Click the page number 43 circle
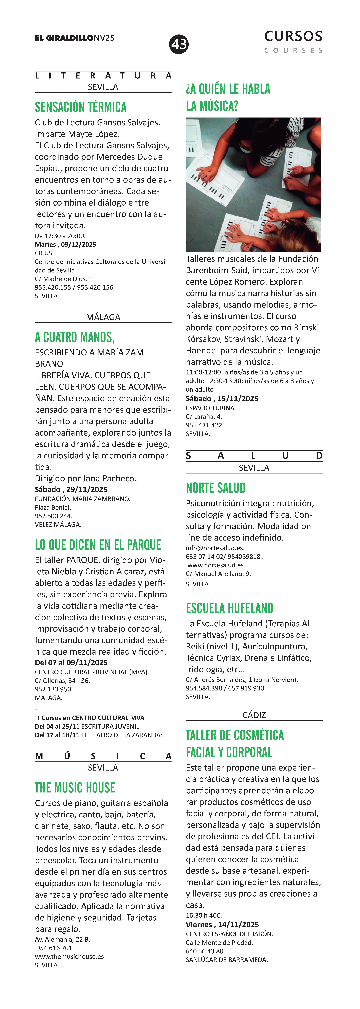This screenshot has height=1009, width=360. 179,44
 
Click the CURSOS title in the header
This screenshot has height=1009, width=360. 293,36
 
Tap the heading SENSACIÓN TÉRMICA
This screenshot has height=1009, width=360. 81,107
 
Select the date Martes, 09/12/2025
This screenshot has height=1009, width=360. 65,244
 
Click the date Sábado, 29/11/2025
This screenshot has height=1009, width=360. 71,489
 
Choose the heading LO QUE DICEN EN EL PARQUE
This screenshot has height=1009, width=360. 98,545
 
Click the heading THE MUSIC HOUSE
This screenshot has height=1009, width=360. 75,788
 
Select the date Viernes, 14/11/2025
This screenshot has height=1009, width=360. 222,924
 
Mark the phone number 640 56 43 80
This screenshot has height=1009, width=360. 205,951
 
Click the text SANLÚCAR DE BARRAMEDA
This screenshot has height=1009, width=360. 227,960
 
